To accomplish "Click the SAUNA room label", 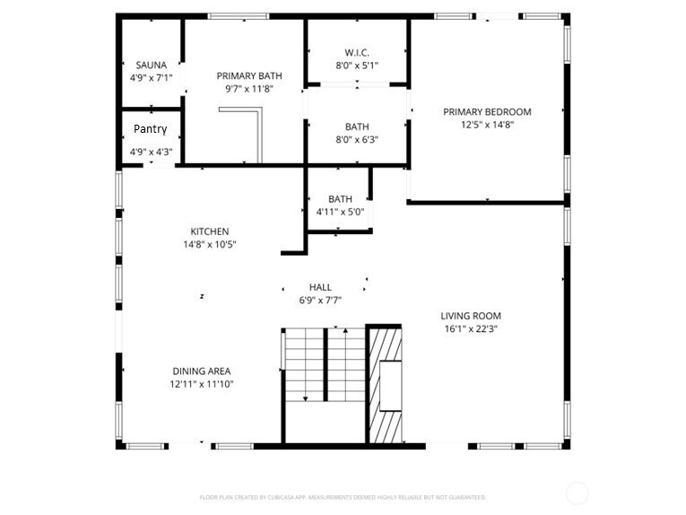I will coord(151,65).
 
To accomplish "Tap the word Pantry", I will coord(151,129).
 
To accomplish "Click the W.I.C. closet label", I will coord(357,53).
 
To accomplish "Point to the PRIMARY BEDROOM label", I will coord(487,112).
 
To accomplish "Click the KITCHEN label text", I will coord(209,231).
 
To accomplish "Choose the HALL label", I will coord(320,288).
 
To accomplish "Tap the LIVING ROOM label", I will coord(470,316).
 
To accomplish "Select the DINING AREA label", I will coord(202,371).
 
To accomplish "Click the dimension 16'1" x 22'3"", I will coord(470,328).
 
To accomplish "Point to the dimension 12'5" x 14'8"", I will coord(487,125).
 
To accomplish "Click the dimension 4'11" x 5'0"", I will coord(340,212).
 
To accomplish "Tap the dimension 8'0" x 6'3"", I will coord(357,139).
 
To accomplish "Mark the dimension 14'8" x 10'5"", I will coord(209,244).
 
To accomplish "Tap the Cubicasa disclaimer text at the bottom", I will coord(343,496).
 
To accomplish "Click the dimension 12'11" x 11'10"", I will coord(202,384).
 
